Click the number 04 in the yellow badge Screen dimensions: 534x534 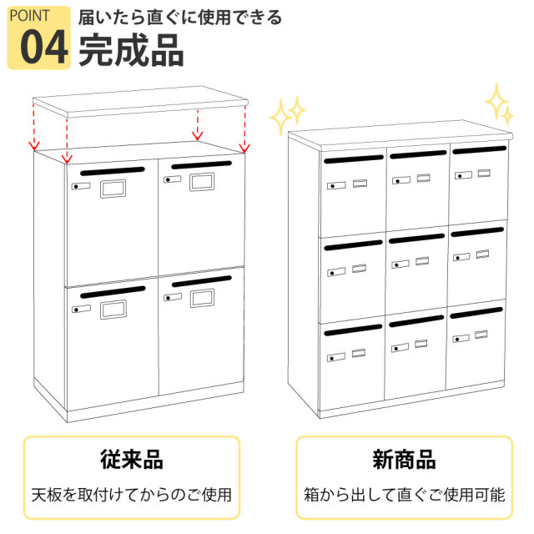tap(43, 48)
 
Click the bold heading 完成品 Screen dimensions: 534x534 tap(131, 50)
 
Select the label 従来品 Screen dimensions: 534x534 tap(131, 460)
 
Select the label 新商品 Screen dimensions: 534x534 tap(404, 460)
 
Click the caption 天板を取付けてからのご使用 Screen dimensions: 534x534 tap(131, 494)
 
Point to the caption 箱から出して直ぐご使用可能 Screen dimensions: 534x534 tap(404, 494)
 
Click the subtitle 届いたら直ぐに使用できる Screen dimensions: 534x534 tap(180, 17)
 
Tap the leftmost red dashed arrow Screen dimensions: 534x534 tap(33, 125)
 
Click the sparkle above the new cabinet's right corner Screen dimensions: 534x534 tap(498, 103)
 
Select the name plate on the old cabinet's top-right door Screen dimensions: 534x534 tap(203, 181)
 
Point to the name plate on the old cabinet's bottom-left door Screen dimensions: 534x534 tap(113, 310)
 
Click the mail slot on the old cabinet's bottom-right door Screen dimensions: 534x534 tap(201, 281)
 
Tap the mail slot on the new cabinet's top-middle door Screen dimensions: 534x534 tap(416, 154)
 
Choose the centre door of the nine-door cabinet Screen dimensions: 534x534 tap(416, 271)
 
